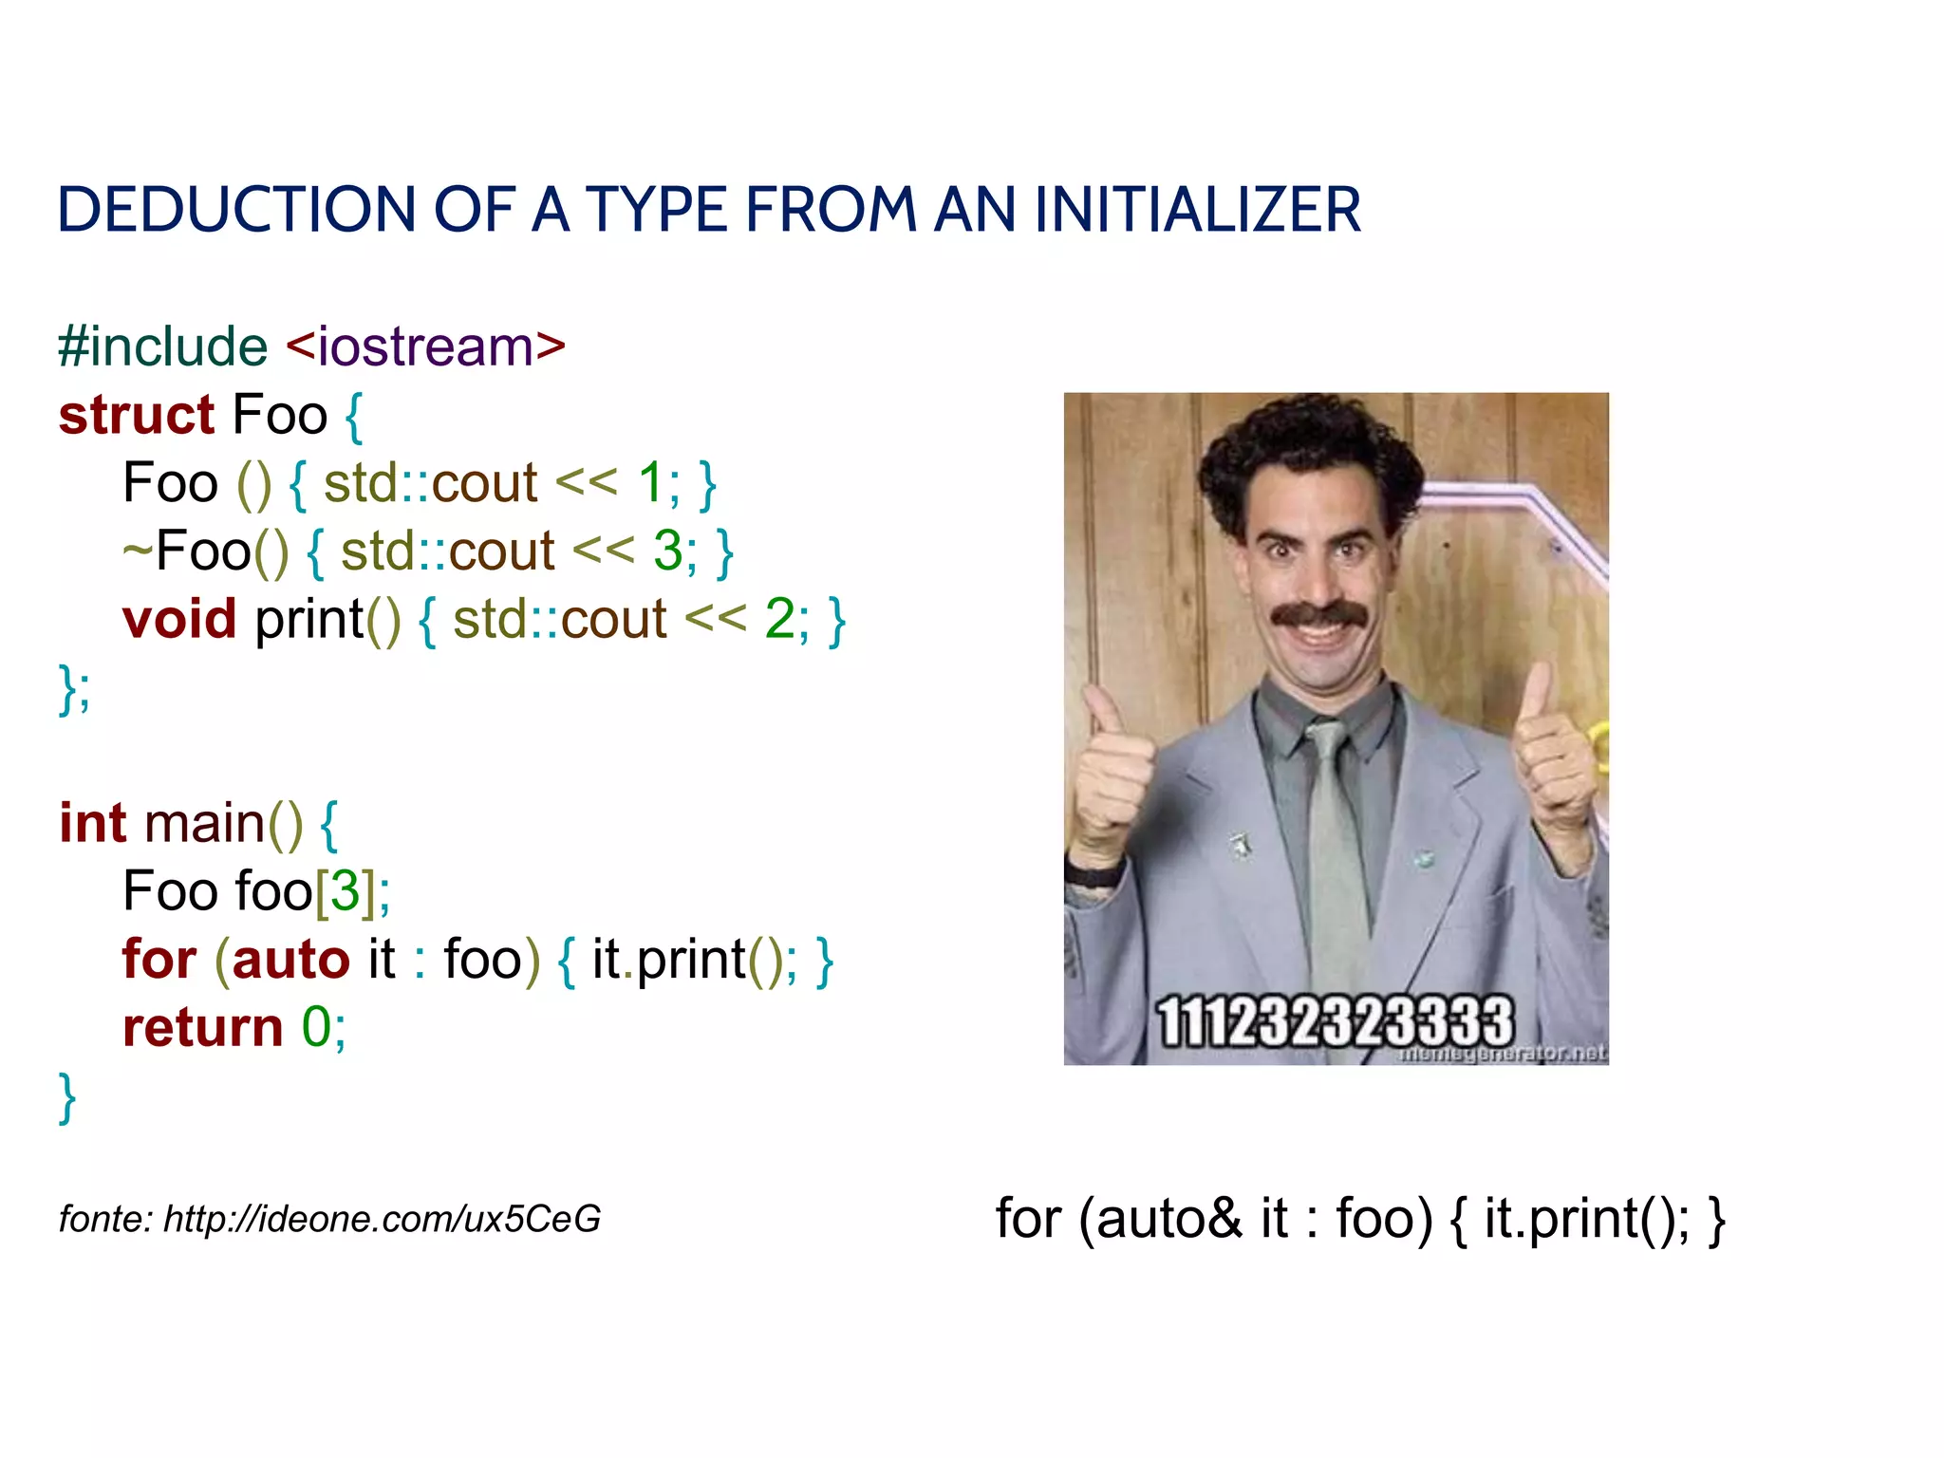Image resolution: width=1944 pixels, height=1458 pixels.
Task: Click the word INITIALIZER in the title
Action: coord(1197,210)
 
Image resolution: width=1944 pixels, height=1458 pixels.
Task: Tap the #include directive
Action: coord(162,346)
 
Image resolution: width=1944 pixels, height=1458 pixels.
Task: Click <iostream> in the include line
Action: coord(425,346)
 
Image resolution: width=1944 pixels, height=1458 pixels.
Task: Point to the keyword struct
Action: coord(137,416)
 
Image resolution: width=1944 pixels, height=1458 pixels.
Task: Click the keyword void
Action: coord(178,620)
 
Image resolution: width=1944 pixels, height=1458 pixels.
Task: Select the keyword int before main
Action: coord(92,823)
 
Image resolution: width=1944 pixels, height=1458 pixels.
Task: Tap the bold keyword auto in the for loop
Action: coord(290,960)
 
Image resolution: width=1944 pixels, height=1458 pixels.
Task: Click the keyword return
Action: coord(202,1028)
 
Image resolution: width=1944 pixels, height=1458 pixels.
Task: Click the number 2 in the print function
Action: coord(779,620)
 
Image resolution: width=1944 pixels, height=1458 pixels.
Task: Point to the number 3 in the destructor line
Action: coord(668,551)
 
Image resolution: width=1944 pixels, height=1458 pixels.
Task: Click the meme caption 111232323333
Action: coord(1335,1022)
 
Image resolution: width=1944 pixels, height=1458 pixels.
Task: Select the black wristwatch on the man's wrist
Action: coord(1094,871)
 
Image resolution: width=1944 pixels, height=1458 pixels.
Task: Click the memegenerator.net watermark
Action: coord(1502,1053)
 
